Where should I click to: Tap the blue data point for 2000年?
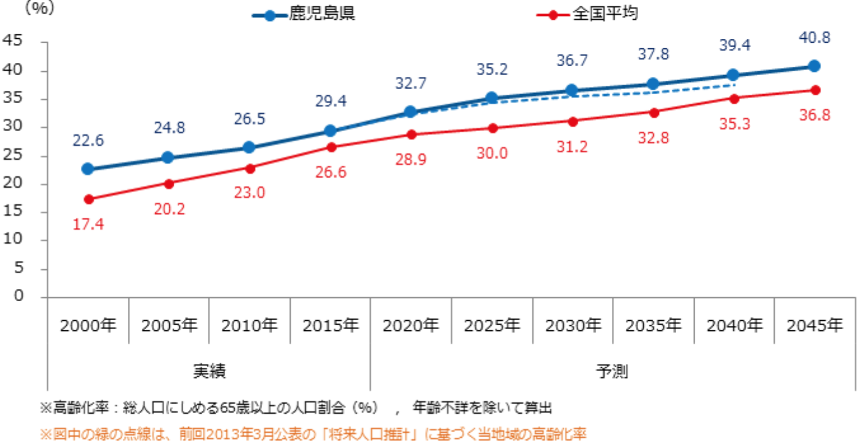88,169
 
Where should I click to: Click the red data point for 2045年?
814,90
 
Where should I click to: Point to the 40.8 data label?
814,38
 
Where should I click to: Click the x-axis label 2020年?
411,326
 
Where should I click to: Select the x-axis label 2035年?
653,326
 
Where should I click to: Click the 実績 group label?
209,370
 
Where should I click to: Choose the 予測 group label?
612,370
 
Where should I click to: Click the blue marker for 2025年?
492,99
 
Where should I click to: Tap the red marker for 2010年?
249,169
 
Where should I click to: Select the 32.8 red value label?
653,137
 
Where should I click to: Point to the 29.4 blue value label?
330,101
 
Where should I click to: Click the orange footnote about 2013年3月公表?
313,434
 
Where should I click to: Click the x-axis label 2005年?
169,326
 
